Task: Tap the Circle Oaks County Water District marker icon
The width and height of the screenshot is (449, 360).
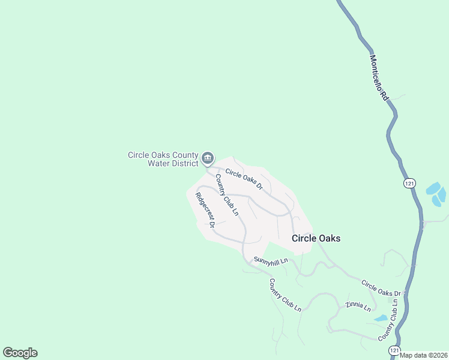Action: [x=207, y=158]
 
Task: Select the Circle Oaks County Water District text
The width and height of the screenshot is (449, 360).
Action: [x=163, y=159]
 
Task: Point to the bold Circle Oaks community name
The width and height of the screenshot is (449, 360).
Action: [x=316, y=238]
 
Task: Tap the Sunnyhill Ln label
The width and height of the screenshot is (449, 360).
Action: [x=271, y=260]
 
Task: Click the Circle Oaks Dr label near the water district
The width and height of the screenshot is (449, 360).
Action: [x=244, y=179]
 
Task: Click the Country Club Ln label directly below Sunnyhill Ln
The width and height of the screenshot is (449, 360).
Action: [x=285, y=295]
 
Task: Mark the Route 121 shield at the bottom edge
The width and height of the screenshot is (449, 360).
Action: [x=393, y=349]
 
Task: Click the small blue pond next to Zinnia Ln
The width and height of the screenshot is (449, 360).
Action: [x=380, y=318]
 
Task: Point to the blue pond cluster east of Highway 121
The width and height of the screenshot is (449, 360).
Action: [x=436, y=194]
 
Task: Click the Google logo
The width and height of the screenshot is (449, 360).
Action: [x=20, y=353]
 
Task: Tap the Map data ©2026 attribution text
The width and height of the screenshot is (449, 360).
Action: [x=423, y=355]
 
